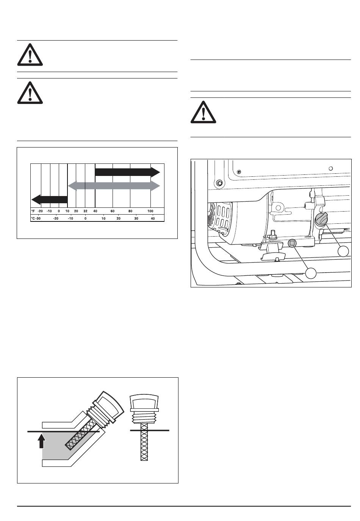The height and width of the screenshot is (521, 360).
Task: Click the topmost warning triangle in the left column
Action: point(30,55)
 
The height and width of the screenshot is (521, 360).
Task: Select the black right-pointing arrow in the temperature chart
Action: point(127,172)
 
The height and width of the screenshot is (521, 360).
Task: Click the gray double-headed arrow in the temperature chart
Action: point(114,186)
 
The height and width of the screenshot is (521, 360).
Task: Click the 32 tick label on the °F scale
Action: point(86,211)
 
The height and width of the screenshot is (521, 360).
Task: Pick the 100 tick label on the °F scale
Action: point(150,211)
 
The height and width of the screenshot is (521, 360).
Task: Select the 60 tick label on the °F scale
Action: point(113,211)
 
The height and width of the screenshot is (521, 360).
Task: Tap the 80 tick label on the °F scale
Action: point(130,211)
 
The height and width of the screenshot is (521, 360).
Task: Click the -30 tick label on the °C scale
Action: point(38,218)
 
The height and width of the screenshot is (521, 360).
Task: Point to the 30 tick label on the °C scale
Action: point(136,218)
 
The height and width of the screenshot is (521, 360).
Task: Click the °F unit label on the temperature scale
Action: point(33,211)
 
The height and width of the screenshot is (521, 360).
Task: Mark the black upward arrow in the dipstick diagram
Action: point(42,441)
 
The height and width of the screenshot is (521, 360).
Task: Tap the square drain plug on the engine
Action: point(292,243)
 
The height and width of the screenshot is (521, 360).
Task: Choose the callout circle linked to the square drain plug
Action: point(311,272)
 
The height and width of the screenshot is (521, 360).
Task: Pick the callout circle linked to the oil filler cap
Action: point(343,251)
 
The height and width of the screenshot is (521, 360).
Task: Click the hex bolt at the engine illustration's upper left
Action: point(219,184)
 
